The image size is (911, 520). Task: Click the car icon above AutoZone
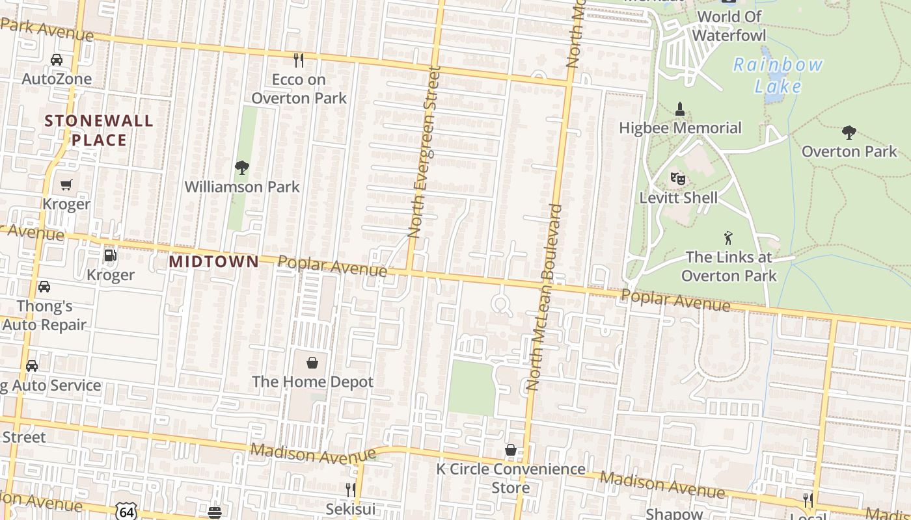[x=57, y=60]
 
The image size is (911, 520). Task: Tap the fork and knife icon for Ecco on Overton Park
[x=299, y=60]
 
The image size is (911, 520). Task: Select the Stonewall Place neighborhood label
[x=99, y=130]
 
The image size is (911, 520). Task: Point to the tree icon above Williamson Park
[x=242, y=168]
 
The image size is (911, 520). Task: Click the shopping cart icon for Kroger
[x=66, y=185]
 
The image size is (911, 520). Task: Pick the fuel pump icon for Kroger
[x=111, y=255]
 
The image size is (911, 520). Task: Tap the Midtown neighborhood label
[x=213, y=261]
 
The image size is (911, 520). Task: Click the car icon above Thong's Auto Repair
[x=44, y=287]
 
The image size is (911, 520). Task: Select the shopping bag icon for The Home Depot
[x=312, y=362]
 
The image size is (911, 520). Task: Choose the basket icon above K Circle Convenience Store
[x=511, y=450]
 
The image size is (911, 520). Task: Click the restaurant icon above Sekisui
[x=351, y=489]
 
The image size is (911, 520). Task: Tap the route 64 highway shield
[x=127, y=512]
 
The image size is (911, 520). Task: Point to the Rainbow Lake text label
[x=778, y=75]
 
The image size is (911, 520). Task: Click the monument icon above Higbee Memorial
[x=680, y=109]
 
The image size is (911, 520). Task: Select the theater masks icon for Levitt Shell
[x=678, y=178]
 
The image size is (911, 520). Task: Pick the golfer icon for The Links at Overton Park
[x=728, y=238]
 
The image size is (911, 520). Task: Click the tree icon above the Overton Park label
[x=849, y=133]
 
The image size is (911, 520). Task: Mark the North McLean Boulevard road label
[x=544, y=297]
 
